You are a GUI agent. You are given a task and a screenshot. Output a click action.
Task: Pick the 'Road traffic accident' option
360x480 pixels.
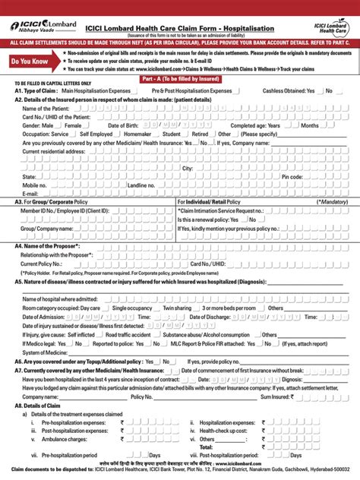[130, 333]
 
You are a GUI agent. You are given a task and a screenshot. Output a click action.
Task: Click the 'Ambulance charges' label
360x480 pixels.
[65, 439]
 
